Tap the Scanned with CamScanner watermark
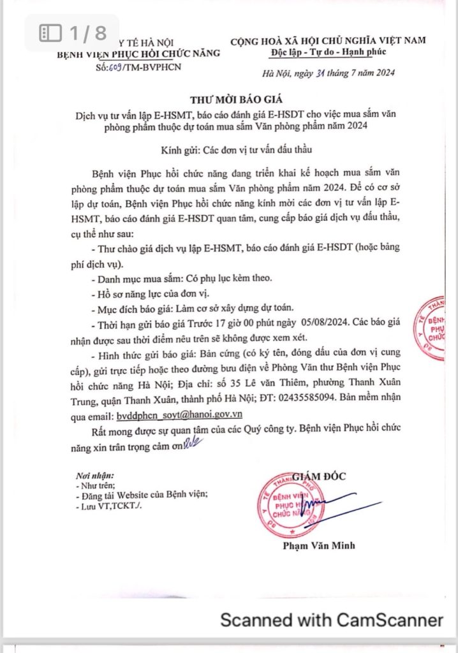coord(331,619)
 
